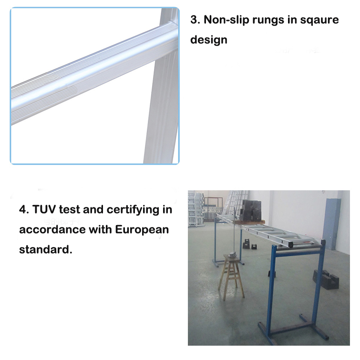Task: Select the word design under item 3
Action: (209, 40)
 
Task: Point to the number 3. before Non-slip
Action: (195, 20)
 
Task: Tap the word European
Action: (142, 230)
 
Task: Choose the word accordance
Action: (52, 229)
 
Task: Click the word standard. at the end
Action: (45, 249)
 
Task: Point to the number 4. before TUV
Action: (24, 209)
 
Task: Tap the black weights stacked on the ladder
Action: (251, 210)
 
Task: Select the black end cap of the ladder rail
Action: (323, 243)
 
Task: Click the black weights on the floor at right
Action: (326, 279)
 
